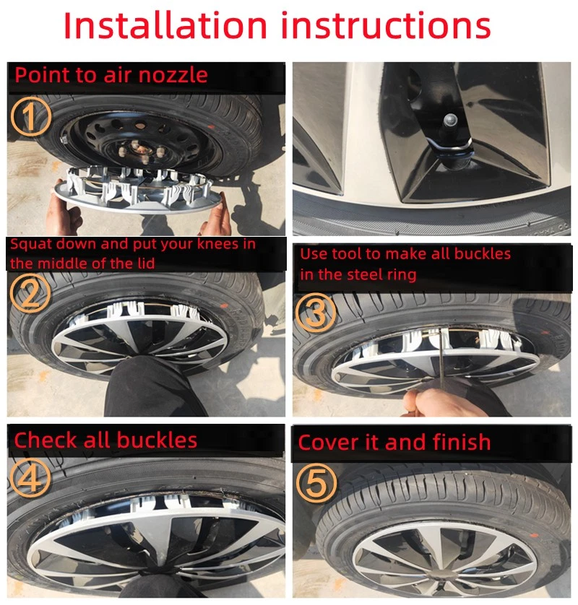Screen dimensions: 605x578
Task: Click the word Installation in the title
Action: (x=165, y=26)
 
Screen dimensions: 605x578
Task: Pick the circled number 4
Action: (x=30, y=476)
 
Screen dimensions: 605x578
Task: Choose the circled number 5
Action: (x=316, y=482)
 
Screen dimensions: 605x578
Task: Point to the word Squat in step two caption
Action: (x=27, y=244)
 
